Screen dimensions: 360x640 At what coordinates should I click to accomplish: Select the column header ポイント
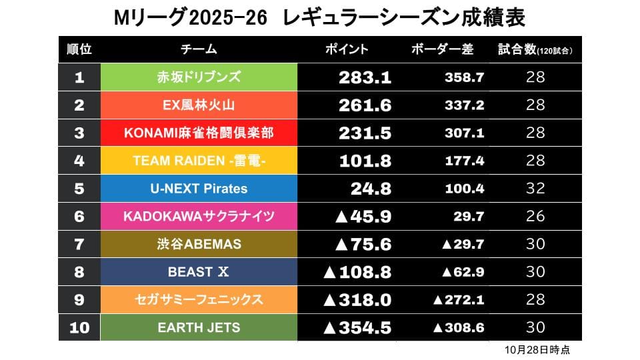click(x=346, y=49)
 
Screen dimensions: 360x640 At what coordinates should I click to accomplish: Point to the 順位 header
click(x=79, y=49)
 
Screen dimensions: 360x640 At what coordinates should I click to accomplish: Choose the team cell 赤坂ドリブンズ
click(x=198, y=77)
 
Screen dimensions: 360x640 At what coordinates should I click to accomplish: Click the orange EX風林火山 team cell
click(x=198, y=105)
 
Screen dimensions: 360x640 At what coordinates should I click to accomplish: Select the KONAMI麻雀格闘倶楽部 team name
click(x=198, y=133)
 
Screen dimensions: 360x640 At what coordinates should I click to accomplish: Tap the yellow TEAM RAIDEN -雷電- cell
click(x=198, y=161)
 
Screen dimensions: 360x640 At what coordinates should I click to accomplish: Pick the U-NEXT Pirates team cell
click(x=198, y=189)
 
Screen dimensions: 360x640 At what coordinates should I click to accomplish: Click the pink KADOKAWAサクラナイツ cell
click(x=198, y=216)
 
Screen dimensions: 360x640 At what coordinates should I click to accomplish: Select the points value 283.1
click(x=365, y=77)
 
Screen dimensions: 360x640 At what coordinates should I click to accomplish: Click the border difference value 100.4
click(x=464, y=189)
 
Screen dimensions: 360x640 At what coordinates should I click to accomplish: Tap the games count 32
click(x=535, y=189)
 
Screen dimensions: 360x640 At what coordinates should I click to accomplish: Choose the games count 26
click(x=535, y=216)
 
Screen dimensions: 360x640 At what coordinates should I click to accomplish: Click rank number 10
click(x=79, y=327)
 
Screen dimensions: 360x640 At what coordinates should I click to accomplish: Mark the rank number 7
click(x=79, y=244)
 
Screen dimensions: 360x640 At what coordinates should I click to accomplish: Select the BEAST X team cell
click(x=198, y=272)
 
